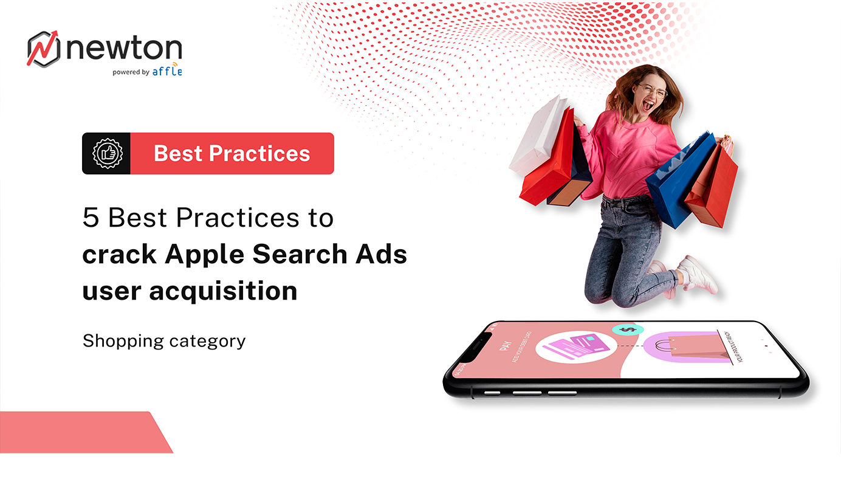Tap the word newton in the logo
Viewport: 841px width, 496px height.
pyautogui.click(x=124, y=49)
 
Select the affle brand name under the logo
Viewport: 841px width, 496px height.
pyautogui.click(x=167, y=71)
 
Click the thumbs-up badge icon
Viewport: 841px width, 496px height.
pyautogui.click(x=106, y=153)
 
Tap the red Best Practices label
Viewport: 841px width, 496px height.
pyautogui.click(x=232, y=153)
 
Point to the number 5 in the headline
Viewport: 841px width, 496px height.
pyautogui.click(x=91, y=218)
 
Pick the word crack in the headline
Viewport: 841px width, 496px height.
pyautogui.click(x=118, y=254)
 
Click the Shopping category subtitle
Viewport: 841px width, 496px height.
pyautogui.click(x=164, y=341)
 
